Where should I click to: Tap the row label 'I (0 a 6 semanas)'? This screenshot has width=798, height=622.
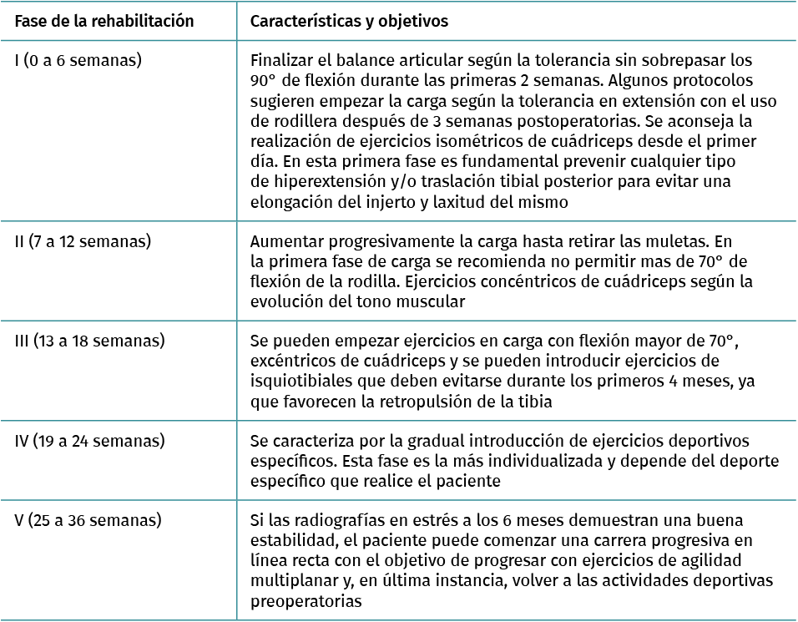[x=78, y=60]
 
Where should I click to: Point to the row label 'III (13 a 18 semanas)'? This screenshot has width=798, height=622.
[x=89, y=341]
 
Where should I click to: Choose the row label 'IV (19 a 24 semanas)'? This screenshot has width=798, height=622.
[x=89, y=440]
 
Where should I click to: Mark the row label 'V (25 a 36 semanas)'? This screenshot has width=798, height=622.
[x=88, y=520]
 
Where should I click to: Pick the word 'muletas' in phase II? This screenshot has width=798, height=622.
[x=654, y=242]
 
